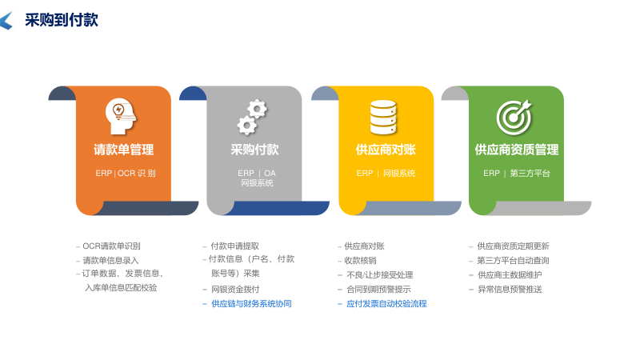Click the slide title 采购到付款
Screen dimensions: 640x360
click(61, 20)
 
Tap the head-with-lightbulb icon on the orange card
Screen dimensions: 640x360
click(121, 116)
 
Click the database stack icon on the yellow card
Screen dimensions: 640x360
click(383, 117)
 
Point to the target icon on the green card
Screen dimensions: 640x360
click(514, 117)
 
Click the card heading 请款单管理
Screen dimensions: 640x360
click(123, 150)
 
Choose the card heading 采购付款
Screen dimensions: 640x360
click(254, 150)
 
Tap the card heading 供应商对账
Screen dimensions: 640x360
click(386, 150)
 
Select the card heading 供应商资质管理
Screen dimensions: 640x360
click(517, 150)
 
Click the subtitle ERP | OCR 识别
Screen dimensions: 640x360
click(126, 173)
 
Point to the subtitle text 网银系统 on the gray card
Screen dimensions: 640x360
click(257, 183)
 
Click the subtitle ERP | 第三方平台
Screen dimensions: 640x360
click(517, 173)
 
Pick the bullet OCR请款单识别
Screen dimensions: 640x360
click(117, 246)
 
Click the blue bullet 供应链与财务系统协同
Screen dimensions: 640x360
click(251, 304)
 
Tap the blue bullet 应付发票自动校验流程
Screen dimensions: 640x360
click(386, 304)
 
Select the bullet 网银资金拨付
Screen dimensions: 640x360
click(235, 290)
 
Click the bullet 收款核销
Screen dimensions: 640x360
click(360, 261)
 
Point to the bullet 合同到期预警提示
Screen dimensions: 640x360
click(378, 290)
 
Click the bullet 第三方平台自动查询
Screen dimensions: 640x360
click(513, 261)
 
